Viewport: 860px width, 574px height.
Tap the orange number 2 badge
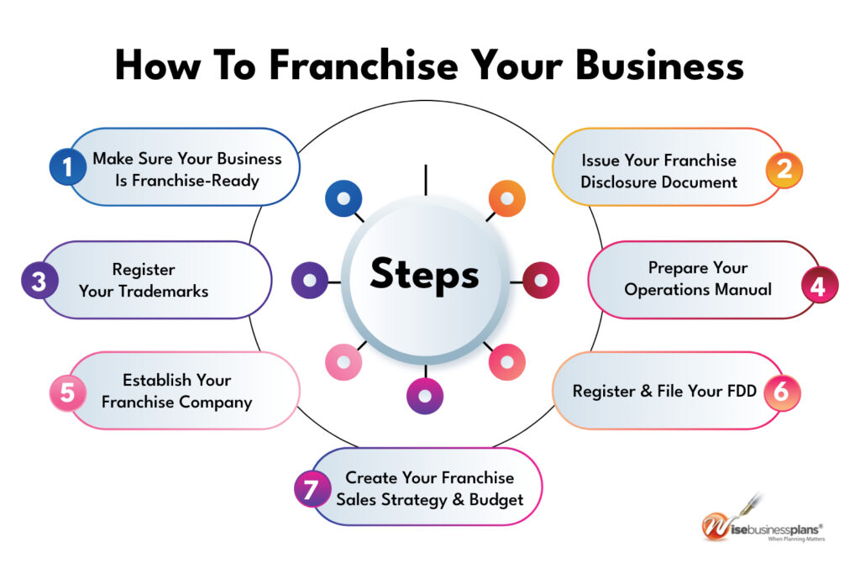click(784, 169)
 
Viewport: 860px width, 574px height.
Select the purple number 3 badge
click(39, 281)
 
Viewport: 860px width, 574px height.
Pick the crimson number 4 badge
click(818, 286)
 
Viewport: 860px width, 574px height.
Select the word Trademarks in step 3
click(144, 291)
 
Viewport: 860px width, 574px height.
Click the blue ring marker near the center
click(343, 199)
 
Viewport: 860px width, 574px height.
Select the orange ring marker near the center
click(506, 199)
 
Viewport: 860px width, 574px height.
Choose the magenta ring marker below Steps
click(425, 395)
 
